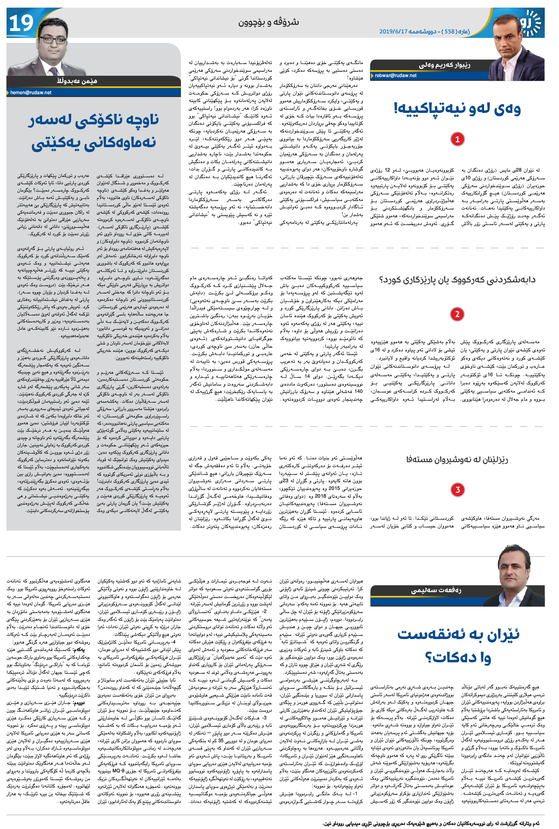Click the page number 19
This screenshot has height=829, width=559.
click(21, 23)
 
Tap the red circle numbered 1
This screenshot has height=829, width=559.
click(458, 139)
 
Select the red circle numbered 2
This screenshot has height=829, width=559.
click(458, 314)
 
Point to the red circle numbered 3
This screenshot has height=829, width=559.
click(458, 489)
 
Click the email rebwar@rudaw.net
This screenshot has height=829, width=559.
click(396, 75)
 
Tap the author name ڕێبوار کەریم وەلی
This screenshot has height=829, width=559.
click(445, 65)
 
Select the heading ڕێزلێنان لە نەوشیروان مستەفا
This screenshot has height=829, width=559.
click(457, 460)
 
